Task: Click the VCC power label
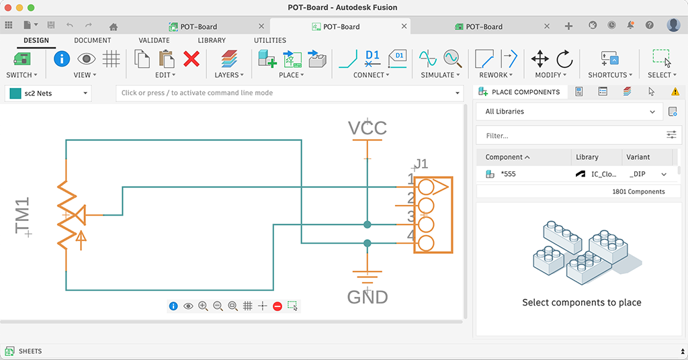pos(367,128)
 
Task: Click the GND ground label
pos(368,296)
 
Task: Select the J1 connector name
pos(421,164)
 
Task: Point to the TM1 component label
pos(23,216)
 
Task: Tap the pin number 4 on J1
pos(410,236)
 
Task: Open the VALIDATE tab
pos(154,40)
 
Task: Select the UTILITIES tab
pos(269,40)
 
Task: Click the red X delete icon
pos(191,59)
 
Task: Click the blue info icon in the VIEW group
pos(62,58)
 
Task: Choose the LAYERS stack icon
pos(229,59)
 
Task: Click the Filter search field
pos(571,136)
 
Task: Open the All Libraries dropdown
pos(570,111)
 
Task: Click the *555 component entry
pos(509,174)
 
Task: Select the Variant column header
pos(638,157)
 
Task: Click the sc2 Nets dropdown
pos(48,93)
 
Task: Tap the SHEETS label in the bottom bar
pos(30,351)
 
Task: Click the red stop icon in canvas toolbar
pos(277,306)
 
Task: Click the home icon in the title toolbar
pos(114,27)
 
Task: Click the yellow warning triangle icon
pos(675,92)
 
